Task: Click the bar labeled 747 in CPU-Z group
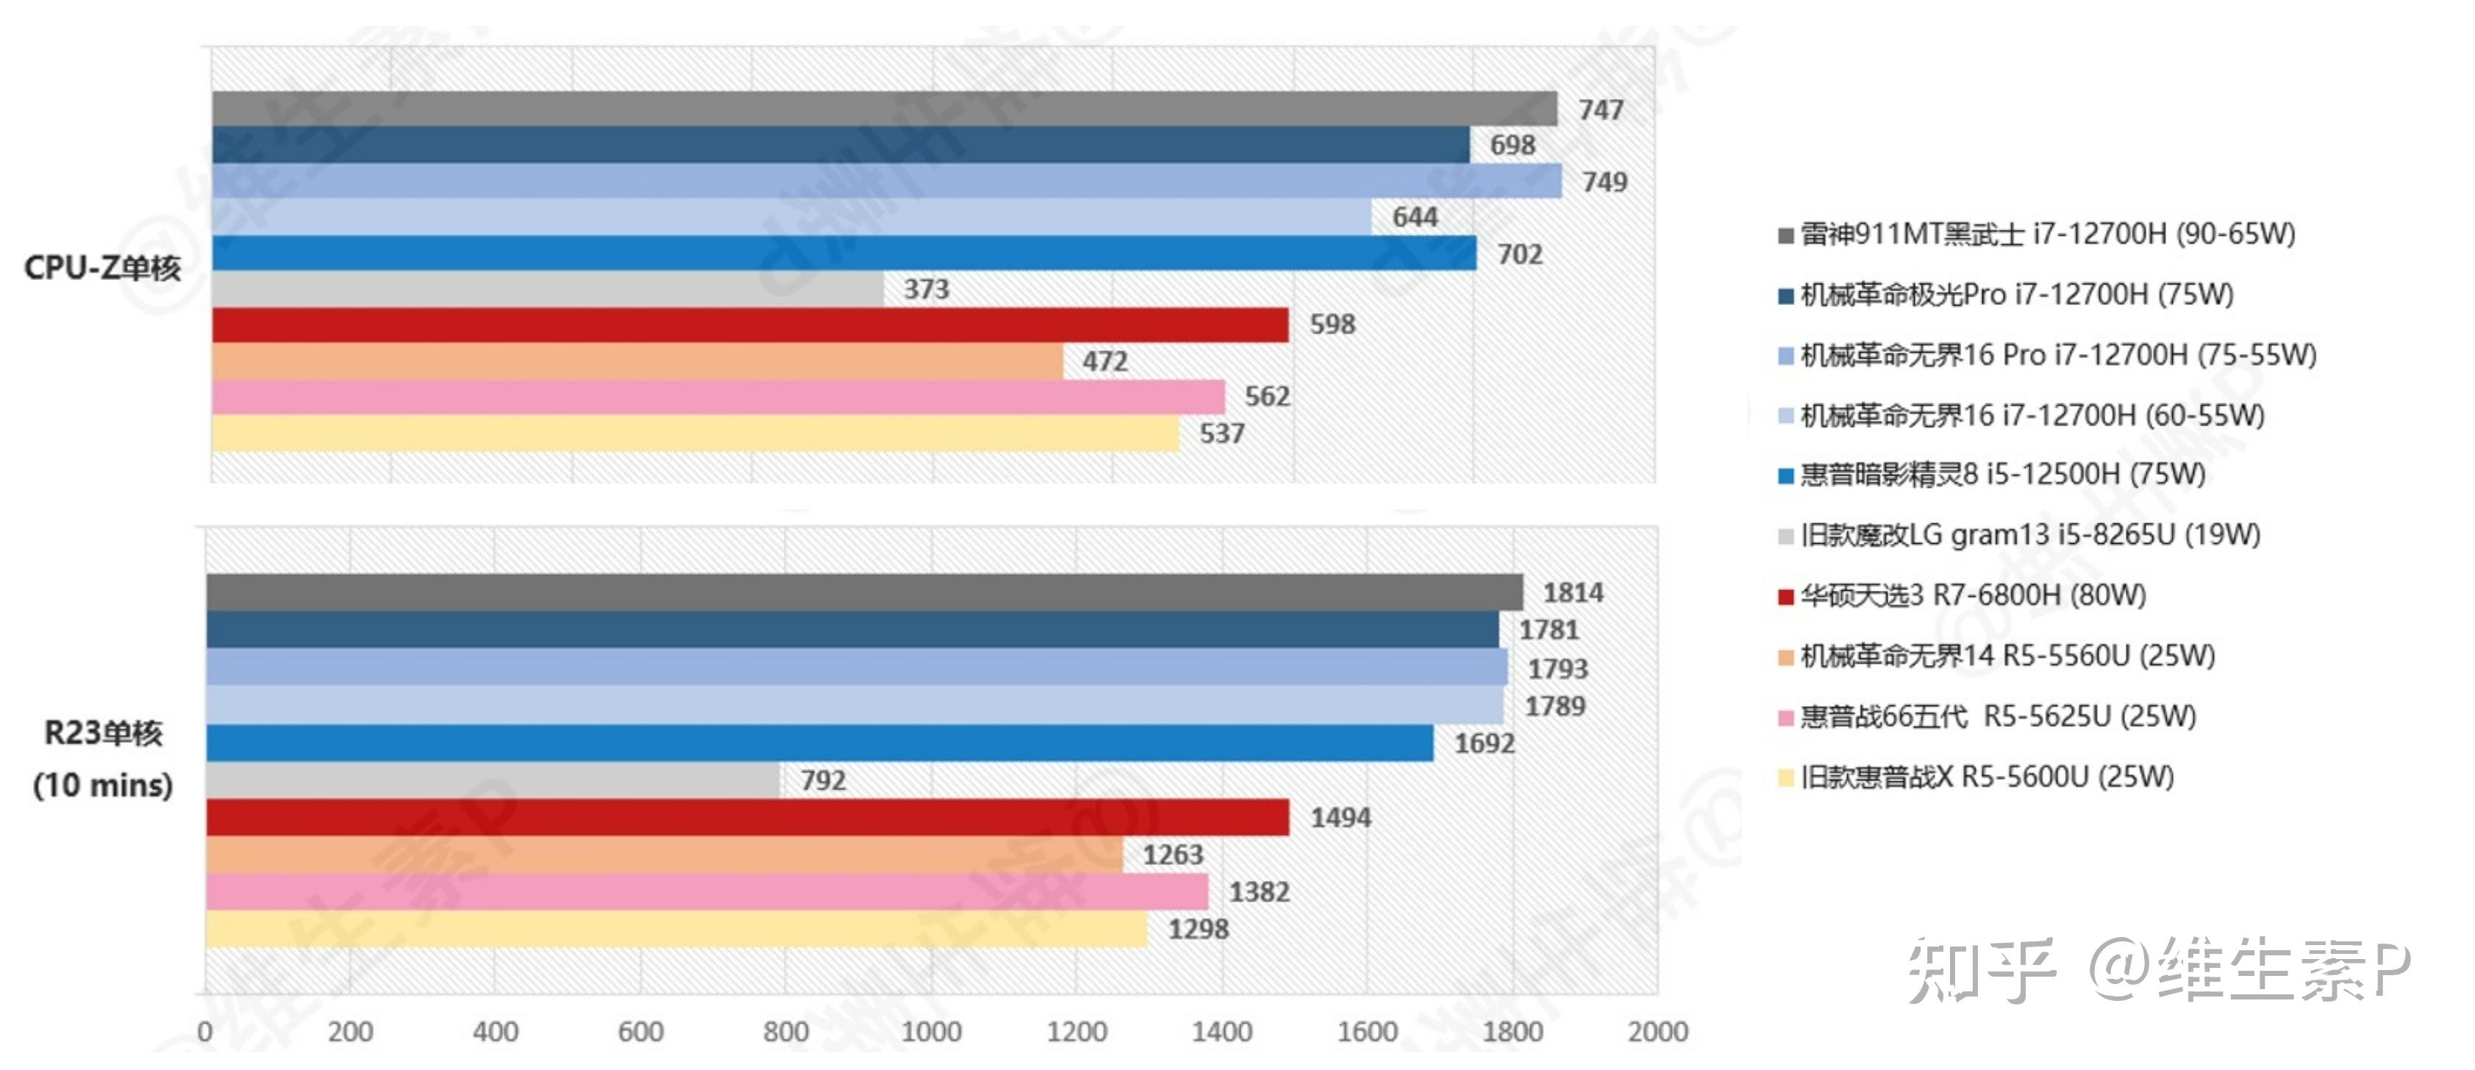pos(884,109)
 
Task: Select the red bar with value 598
pos(749,325)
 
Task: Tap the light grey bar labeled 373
pos(548,289)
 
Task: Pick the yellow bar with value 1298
pos(676,929)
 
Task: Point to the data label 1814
pos(1573,592)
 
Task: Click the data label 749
pos(1604,182)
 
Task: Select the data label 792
pos(824,780)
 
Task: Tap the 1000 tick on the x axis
pos(931,1032)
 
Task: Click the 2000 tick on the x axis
pos(1657,1032)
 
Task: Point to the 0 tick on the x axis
pos(204,1032)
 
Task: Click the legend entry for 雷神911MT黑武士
pos(2046,234)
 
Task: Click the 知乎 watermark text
pos(1981,970)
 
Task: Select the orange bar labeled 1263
pos(663,855)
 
